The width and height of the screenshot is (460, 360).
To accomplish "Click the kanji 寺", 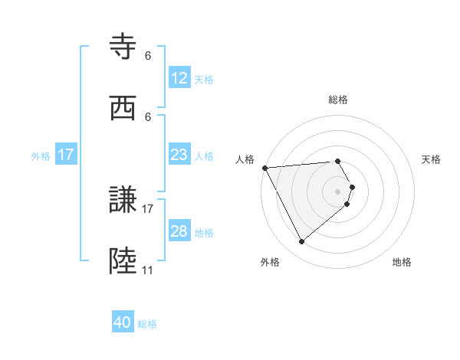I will (x=125, y=47).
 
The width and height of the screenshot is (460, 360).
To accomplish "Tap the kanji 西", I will (x=125, y=109).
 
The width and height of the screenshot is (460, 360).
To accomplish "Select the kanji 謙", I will (x=125, y=201).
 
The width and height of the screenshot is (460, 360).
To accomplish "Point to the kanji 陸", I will (x=125, y=262).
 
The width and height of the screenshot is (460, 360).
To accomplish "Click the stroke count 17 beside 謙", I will (x=148, y=208).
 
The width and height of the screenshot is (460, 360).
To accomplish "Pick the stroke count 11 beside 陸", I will (x=148, y=270).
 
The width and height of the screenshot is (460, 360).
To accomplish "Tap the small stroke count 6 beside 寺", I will (x=148, y=55).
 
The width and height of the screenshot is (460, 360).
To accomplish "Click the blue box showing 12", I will (x=179, y=78).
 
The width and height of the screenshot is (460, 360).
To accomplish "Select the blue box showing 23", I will (x=179, y=155).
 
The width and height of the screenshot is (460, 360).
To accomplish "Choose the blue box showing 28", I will (x=179, y=231).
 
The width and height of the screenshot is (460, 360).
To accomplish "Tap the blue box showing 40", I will (x=123, y=322).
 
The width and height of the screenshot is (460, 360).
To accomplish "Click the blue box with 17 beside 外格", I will (x=67, y=155).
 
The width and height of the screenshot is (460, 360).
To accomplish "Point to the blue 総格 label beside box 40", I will (x=148, y=324).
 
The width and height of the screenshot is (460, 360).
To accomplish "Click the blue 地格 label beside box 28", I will (x=204, y=232).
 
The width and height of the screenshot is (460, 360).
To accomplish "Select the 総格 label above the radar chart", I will (x=338, y=100).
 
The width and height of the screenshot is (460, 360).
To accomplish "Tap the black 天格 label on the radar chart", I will (x=432, y=159).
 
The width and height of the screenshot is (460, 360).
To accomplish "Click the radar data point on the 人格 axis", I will (x=264, y=168).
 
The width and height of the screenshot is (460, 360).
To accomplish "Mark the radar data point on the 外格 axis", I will (x=301, y=242).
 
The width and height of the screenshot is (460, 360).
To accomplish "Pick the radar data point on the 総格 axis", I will (x=338, y=162).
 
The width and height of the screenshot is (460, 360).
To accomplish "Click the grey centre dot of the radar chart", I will (x=338, y=191).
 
